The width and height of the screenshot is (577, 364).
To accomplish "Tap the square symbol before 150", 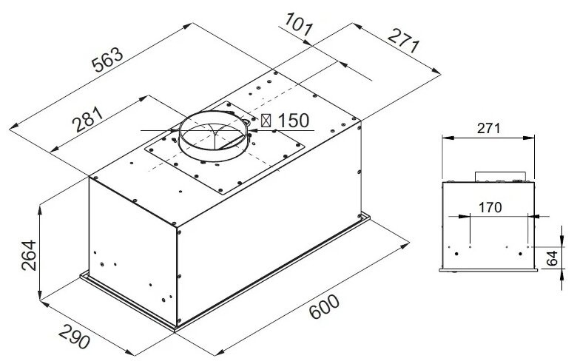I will (x=266, y=120).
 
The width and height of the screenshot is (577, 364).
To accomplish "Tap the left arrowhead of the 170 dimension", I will (x=467, y=216).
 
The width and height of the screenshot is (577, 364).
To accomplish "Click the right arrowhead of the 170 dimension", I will (x=530, y=216).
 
